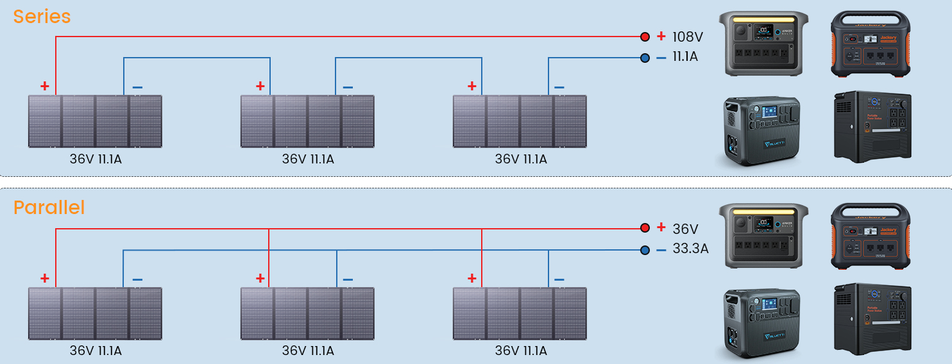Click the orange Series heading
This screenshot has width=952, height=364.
[42, 17]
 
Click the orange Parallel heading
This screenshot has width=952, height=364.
[49, 208]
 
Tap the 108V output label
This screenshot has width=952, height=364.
[688, 37]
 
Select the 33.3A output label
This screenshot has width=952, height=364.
[690, 249]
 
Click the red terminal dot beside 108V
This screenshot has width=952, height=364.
[645, 37]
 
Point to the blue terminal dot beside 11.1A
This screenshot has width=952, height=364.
[645, 58]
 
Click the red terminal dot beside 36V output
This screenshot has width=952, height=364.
[645, 228]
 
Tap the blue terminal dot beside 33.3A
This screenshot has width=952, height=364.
[645, 250]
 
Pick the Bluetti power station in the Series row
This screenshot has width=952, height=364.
[761, 131]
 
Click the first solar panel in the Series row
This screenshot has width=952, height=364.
[95, 121]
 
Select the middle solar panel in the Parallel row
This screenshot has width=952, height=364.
[307, 313]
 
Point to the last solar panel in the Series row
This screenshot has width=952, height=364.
[520, 121]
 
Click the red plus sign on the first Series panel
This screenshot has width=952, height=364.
[44, 86]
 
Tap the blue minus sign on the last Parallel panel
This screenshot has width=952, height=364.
[559, 279]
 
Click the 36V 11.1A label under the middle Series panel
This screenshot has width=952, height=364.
[308, 159]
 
